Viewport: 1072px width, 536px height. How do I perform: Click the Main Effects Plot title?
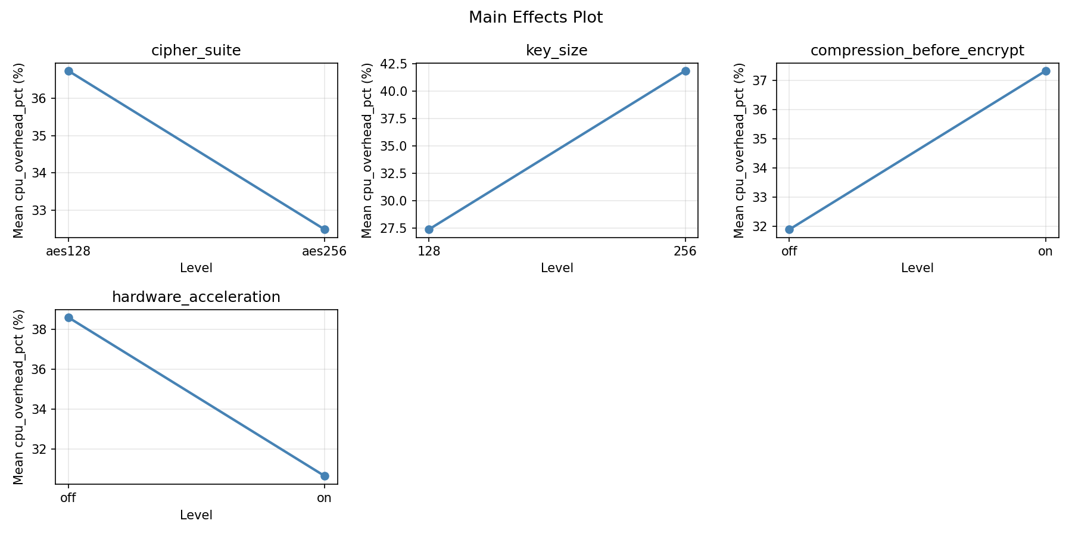(x=535, y=18)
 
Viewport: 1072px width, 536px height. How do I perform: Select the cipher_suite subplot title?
(x=196, y=51)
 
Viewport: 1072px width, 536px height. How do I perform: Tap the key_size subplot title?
(x=556, y=51)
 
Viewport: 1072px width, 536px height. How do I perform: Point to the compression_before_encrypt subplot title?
(x=917, y=51)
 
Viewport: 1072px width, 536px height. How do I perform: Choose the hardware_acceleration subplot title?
(x=196, y=297)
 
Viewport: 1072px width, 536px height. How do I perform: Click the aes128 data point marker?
(x=68, y=71)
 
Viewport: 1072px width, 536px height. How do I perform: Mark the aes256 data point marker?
(x=325, y=229)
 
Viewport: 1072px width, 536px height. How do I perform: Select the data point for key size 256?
(x=685, y=71)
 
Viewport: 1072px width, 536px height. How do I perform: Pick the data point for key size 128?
(x=429, y=229)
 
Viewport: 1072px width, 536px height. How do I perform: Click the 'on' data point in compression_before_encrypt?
(x=1046, y=71)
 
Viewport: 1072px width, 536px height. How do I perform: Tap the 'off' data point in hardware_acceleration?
(x=68, y=317)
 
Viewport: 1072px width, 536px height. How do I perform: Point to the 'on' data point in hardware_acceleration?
(x=325, y=476)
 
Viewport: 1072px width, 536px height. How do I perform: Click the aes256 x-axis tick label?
(x=324, y=251)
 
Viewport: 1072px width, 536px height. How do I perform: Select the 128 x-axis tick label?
(x=429, y=251)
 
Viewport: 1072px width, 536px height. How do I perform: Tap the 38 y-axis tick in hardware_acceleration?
(x=42, y=330)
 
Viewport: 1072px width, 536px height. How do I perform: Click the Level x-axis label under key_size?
(x=556, y=268)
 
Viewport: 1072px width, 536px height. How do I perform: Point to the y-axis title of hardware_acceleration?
(x=19, y=397)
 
